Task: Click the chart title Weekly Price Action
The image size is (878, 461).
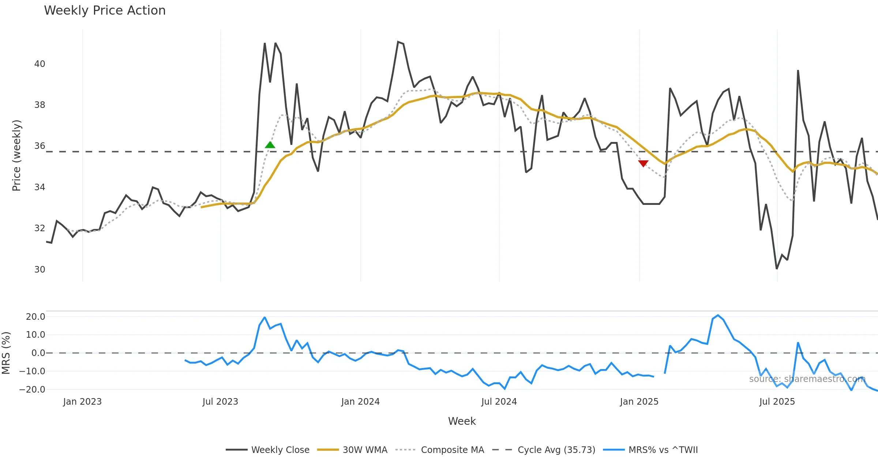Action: [x=105, y=11]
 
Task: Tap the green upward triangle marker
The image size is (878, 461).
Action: [x=270, y=145]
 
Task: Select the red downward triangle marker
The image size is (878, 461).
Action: [x=643, y=163]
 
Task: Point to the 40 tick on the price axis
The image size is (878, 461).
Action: [x=40, y=64]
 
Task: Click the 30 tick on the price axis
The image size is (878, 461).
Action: [x=40, y=270]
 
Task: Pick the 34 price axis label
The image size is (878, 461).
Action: [x=40, y=187]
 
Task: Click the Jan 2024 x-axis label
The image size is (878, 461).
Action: [x=360, y=402]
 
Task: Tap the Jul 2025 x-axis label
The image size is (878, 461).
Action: [x=777, y=402]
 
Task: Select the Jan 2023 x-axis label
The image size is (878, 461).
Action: [x=82, y=402]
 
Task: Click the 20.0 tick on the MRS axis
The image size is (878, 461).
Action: [x=35, y=317]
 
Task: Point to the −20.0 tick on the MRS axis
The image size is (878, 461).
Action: [x=32, y=390]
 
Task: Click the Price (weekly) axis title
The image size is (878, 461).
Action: [x=17, y=155]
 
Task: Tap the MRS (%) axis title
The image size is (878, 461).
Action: [x=6, y=353]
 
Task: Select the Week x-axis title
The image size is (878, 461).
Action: [x=462, y=421]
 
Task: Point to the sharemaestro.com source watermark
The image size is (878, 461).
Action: [x=807, y=379]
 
